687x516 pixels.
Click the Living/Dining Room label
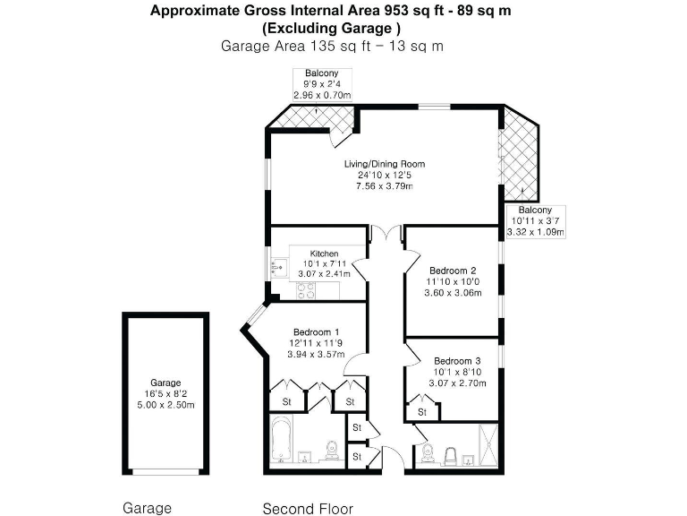pos(385,164)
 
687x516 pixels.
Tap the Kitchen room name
pos(324,254)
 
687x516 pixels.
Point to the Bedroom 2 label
pos(452,271)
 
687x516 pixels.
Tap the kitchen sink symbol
pos(276,266)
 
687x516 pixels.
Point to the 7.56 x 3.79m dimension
pos(385,186)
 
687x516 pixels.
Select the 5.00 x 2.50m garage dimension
pos(165,404)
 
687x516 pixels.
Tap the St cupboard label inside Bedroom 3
pos(420,412)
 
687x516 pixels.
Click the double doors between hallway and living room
pos(386,235)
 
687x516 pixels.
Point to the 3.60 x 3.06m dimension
pos(452,293)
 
